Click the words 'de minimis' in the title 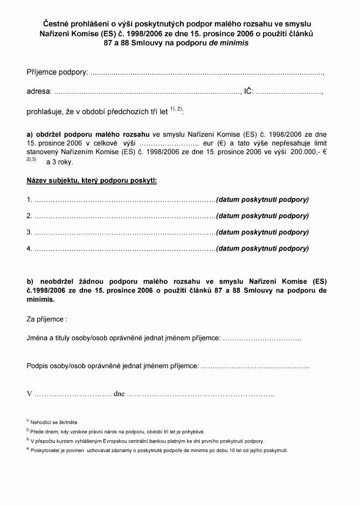[x=231, y=43]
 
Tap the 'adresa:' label [x=39, y=92]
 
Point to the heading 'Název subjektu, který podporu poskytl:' [x=92, y=181]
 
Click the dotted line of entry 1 [x=124, y=199]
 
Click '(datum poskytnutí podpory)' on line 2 [x=262, y=216]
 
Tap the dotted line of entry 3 [x=124, y=233]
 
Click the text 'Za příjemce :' [x=47, y=319]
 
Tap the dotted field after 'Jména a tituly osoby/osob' [x=262, y=338]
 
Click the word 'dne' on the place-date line [x=120, y=394]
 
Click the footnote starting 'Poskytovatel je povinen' [x=160, y=450]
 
